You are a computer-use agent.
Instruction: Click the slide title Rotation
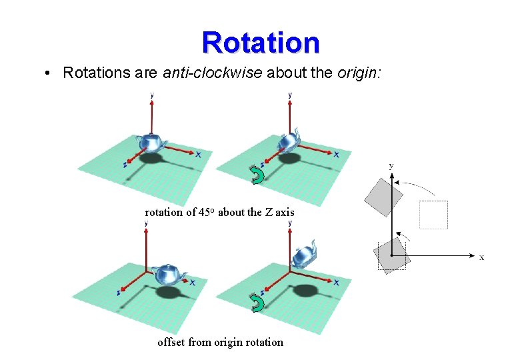(261, 42)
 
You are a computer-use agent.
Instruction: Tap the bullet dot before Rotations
(50, 73)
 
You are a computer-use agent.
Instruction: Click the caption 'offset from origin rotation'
(220, 342)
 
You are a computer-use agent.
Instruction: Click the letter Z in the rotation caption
(268, 213)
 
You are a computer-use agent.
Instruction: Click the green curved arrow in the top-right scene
(257, 174)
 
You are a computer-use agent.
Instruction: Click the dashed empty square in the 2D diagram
(433, 214)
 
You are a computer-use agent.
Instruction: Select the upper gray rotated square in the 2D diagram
(384, 197)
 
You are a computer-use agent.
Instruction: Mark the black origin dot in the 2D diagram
(392, 255)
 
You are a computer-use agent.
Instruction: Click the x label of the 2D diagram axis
(482, 257)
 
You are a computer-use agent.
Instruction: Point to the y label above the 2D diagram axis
(391, 165)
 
